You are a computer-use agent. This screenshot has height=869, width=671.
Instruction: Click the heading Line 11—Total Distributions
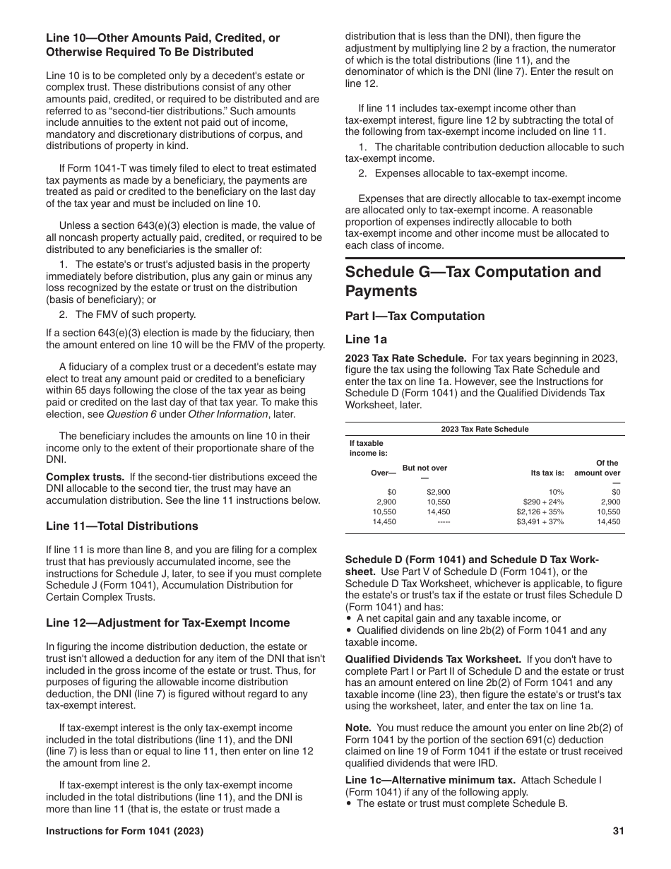click(122, 526)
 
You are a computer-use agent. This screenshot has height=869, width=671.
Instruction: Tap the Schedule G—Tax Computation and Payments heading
click(473, 281)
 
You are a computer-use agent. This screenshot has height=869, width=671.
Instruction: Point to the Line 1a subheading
click(366, 339)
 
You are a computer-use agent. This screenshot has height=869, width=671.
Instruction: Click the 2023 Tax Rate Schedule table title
click(485, 429)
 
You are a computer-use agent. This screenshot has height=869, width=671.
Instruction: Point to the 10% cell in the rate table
click(556, 492)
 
